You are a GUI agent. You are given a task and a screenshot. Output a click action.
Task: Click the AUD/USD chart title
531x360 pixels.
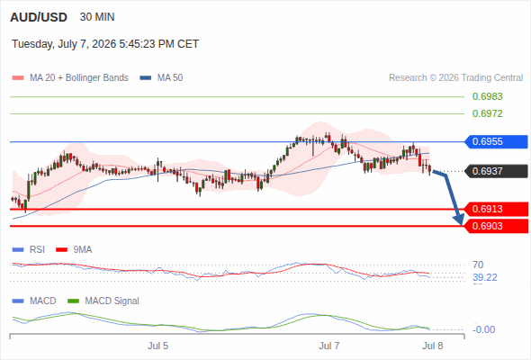(x=39, y=17)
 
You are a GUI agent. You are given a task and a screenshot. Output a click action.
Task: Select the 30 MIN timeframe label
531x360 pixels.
(x=97, y=17)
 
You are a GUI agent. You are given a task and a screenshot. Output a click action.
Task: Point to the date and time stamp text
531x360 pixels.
(x=105, y=44)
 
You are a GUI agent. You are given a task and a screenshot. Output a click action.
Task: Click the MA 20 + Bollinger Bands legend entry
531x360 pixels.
(x=70, y=78)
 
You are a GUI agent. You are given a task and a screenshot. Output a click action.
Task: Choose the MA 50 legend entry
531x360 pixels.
(x=161, y=78)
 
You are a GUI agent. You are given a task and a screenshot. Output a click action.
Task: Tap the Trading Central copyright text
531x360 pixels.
(x=455, y=78)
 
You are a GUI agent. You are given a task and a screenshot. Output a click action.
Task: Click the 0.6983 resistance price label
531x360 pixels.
(x=487, y=96)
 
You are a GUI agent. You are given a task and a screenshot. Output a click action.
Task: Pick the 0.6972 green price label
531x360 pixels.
(x=487, y=113)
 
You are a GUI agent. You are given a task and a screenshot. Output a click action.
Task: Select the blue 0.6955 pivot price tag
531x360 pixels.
(x=496, y=141)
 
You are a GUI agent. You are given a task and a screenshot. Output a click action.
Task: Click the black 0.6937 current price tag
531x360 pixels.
(x=496, y=171)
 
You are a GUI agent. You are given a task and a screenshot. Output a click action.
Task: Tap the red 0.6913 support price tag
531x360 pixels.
(x=496, y=209)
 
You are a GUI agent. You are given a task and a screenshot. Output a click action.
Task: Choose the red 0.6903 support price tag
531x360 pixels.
(x=496, y=226)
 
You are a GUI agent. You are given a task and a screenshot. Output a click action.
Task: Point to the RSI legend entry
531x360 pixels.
(x=29, y=250)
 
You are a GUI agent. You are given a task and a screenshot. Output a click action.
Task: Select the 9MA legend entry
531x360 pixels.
(x=74, y=250)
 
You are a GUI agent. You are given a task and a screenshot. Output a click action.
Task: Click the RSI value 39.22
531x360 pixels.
(x=485, y=278)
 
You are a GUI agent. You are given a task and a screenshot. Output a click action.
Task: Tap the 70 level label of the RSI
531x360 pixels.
(x=478, y=265)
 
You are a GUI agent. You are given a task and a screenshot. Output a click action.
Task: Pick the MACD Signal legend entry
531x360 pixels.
(x=103, y=301)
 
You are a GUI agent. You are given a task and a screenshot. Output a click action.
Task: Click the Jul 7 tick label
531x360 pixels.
(x=328, y=346)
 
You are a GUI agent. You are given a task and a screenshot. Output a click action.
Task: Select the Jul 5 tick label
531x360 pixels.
(x=157, y=346)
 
